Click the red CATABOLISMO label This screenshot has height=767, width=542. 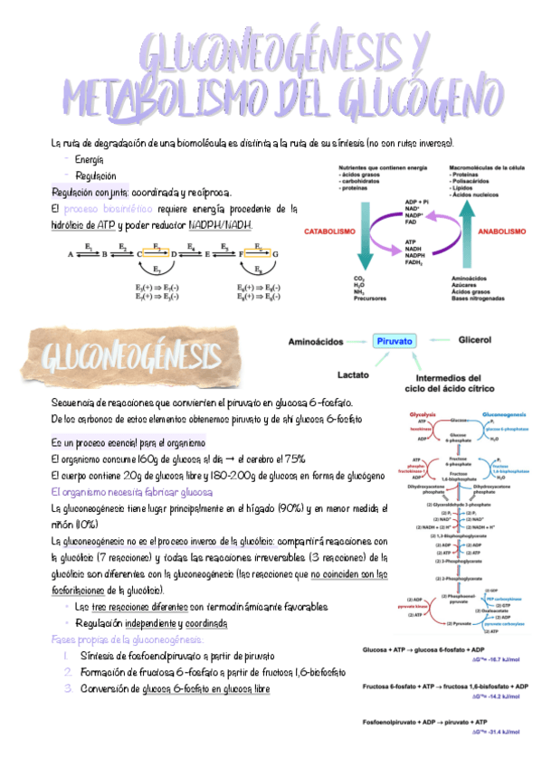click(328, 232)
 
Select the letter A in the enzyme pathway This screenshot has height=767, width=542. click(70, 255)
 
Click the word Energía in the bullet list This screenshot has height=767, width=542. click(90, 159)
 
